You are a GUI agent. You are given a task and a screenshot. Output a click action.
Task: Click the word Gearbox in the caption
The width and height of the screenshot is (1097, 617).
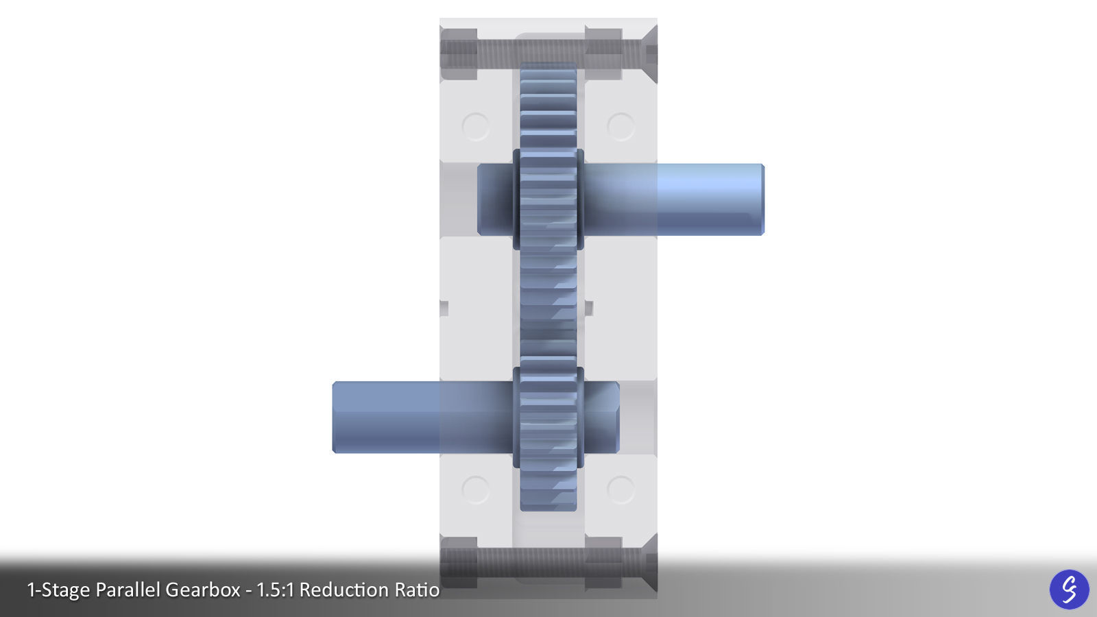pos(202,590)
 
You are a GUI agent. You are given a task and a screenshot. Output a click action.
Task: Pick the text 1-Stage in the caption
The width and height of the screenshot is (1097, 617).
pos(58,590)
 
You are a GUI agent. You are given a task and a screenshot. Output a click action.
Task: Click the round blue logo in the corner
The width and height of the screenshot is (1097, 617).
pos(1069,589)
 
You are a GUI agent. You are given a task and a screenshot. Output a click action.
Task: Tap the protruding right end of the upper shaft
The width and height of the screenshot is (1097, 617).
pos(713,199)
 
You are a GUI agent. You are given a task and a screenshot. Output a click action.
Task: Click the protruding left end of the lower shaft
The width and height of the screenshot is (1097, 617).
pos(384,418)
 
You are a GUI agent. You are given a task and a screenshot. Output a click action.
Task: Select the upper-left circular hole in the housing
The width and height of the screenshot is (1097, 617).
pos(476,127)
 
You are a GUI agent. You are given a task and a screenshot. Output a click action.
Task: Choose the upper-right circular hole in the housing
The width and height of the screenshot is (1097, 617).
pos(621,127)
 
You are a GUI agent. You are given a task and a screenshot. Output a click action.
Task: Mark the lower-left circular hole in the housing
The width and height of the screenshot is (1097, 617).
pos(476,489)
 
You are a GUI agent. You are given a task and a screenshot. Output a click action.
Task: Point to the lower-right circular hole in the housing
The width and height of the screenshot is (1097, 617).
pos(621,489)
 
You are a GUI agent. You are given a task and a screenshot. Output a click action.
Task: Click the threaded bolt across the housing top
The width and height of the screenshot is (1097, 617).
pos(548,50)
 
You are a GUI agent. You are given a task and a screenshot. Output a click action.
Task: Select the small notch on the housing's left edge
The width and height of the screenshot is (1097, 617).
pos(444,308)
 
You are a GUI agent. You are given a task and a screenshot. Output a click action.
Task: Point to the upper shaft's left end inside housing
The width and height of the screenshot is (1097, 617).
pos(494,199)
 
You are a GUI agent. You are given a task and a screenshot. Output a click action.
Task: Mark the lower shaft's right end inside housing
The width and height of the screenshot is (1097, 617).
pos(603,418)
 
